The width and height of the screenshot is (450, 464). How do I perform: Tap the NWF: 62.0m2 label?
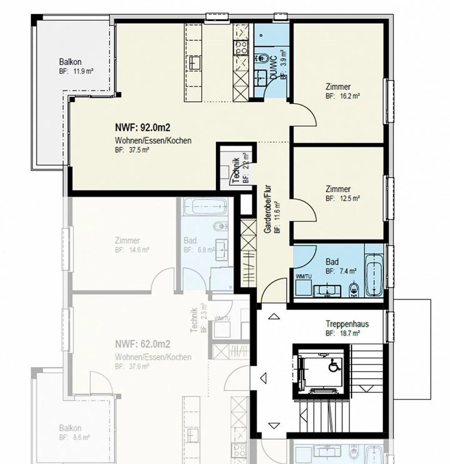(142, 344)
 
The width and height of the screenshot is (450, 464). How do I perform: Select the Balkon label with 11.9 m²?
(70, 62)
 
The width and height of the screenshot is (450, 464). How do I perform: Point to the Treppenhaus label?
(347, 324)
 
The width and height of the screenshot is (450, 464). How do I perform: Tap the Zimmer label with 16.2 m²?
(338, 87)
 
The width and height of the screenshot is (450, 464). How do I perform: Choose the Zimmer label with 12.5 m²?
(338, 189)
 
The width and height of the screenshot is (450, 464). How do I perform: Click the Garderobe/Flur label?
(268, 209)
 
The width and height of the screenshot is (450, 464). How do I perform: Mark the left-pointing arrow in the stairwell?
(263, 378)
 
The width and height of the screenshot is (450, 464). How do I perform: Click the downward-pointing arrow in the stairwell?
(274, 426)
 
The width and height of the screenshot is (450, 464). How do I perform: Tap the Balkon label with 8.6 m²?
(70, 428)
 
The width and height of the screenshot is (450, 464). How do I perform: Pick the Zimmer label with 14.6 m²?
(127, 241)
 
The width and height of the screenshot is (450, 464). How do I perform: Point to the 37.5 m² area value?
(139, 150)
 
